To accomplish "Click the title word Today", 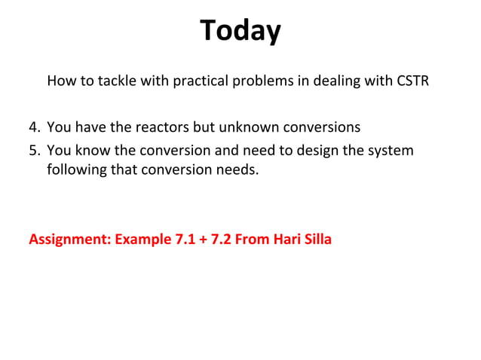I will click(240, 31).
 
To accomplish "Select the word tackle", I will click(115, 81).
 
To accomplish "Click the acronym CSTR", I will click(412, 81).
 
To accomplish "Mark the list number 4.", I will click(34, 127).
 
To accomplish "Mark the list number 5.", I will click(34, 150).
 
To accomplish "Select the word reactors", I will click(165, 127).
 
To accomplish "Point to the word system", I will click(391, 150).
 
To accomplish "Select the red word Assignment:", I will click(69, 240).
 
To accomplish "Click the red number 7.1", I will click(184, 240).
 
